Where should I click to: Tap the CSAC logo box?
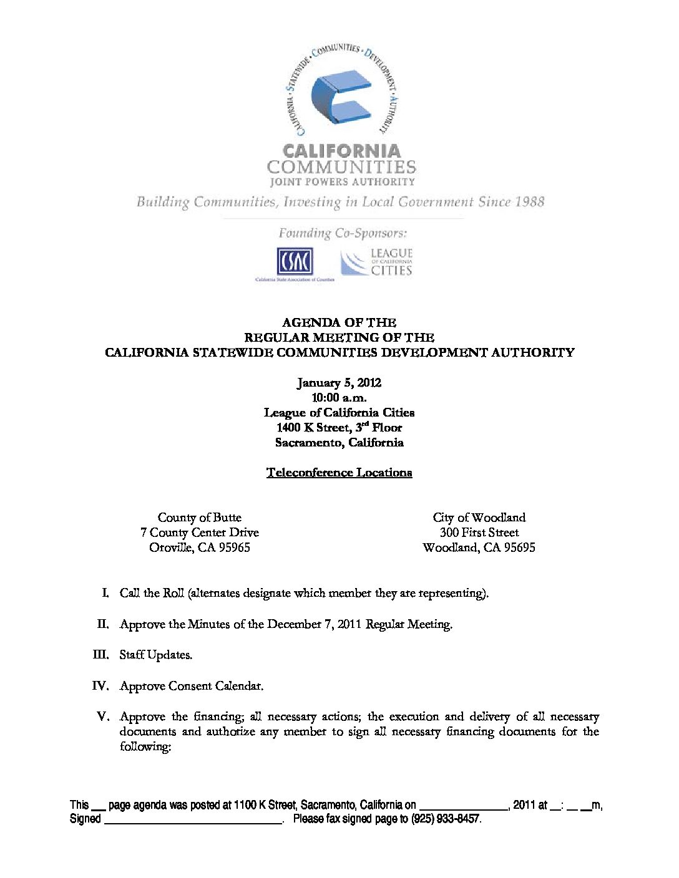click(x=295, y=261)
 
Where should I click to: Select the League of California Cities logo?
click(x=376, y=262)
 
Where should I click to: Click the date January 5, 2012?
click(x=339, y=382)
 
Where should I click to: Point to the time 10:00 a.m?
click(x=339, y=397)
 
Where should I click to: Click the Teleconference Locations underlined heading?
click(x=339, y=473)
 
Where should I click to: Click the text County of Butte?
click(x=199, y=518)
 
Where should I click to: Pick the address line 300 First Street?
click(x=479, y=533)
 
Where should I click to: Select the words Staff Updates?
click(x=155, y=655)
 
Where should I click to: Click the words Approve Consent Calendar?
click(x=191, y=686)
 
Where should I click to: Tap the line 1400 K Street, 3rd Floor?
click(x=339, y=428)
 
